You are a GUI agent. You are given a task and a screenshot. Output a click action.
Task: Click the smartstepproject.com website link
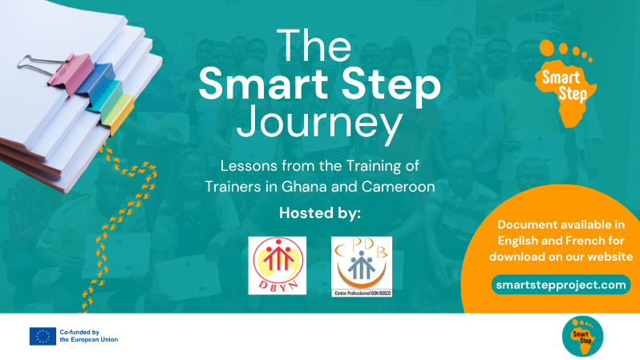[561, 285]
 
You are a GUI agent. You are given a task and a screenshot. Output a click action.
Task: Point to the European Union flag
[43, 336]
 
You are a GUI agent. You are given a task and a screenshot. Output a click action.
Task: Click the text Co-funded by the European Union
[88, 336]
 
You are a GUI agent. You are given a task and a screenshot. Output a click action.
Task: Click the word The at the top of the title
[320, 46]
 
